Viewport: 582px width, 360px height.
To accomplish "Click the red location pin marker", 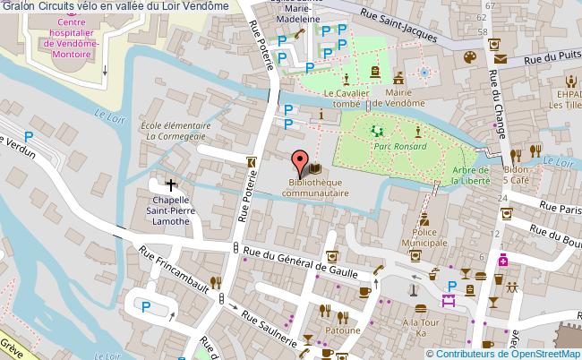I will click(x=299, y=163).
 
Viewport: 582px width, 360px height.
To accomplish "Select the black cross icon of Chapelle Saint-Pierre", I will click(x=171, y=184).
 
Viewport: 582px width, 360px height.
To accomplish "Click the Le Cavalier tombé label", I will click(x=341, y=98).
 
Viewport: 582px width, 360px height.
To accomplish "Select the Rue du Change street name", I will click(x=492, y=107).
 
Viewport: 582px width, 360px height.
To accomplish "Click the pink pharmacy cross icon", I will click(x=504, y=261).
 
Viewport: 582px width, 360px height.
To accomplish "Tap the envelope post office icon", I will click(x=499, y=60).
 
